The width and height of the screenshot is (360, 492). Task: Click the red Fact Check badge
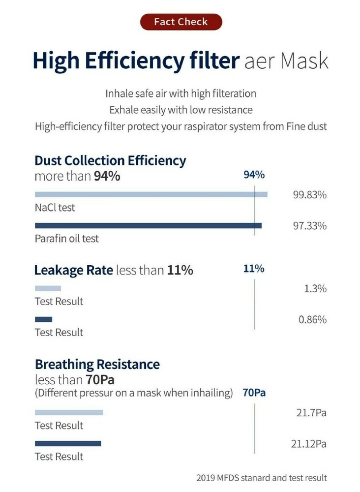pos(180,22)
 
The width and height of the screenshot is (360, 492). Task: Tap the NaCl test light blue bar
pos(151,194)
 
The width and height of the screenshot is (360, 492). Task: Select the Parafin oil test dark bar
pos(148,225)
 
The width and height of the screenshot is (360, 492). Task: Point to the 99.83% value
pos(310,194)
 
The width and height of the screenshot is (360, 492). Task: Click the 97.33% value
pos(310,226)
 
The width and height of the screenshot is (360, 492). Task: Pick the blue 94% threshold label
pos(254,175)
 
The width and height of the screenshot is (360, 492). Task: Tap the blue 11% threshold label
pos(254,269)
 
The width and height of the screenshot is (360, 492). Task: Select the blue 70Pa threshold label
pos(254,393)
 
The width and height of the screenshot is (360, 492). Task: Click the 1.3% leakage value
pos(315,289)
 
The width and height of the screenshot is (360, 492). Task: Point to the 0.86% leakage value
pos(312,320)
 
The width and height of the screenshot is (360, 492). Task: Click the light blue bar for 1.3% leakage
pos(48,288)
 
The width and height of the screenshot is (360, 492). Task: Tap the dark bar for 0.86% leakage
pos(43,319)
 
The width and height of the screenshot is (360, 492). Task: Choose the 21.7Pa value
pos(311,412)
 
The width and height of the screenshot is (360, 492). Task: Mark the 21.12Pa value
pos(308,444)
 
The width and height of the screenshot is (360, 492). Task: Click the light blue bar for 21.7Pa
pos(69,412)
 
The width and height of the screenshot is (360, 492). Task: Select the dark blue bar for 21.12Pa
pos(68,443)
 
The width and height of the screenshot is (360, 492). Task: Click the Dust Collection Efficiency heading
pos(110,160)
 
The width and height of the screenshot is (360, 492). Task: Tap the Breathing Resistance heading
pos(97,365)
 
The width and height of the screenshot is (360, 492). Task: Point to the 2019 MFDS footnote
pos(261,477)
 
